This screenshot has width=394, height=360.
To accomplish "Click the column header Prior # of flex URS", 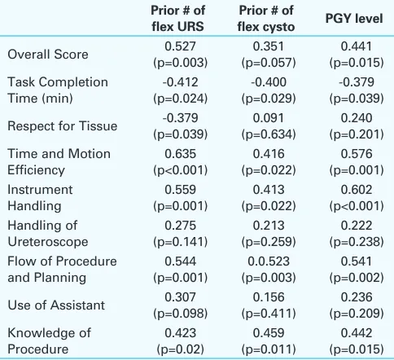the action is (178, 19).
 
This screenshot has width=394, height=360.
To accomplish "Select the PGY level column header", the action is (354, 19).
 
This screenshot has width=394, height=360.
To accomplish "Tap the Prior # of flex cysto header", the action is (266, 19).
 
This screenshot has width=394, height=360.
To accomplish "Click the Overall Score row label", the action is (48, 55).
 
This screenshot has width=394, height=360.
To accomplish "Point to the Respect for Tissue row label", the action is (63, 126).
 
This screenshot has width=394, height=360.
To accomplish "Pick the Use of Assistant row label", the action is (56, 305).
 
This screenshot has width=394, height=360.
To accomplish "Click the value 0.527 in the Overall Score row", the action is (180, 46).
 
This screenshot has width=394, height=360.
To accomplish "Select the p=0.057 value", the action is (269, 63).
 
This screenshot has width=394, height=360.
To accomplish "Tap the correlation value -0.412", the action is (180, 82).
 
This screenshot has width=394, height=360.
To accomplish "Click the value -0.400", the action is (269, 82).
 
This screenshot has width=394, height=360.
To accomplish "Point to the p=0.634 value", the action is (269, 134).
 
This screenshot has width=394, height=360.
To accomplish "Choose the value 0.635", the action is (180, 154).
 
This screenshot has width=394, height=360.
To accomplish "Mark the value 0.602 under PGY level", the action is (357, 190).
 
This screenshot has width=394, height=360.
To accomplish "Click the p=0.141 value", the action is (180, 242).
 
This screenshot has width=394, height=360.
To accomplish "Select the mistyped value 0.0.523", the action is (269, 261).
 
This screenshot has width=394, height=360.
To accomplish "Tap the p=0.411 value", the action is (269, 314).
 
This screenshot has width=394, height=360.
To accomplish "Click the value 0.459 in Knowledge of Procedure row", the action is (269, 333).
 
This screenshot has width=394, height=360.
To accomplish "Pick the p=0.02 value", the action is (180, 349).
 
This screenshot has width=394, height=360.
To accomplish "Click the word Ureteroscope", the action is (48, 242).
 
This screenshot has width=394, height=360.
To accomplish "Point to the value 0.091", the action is (269, 118).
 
